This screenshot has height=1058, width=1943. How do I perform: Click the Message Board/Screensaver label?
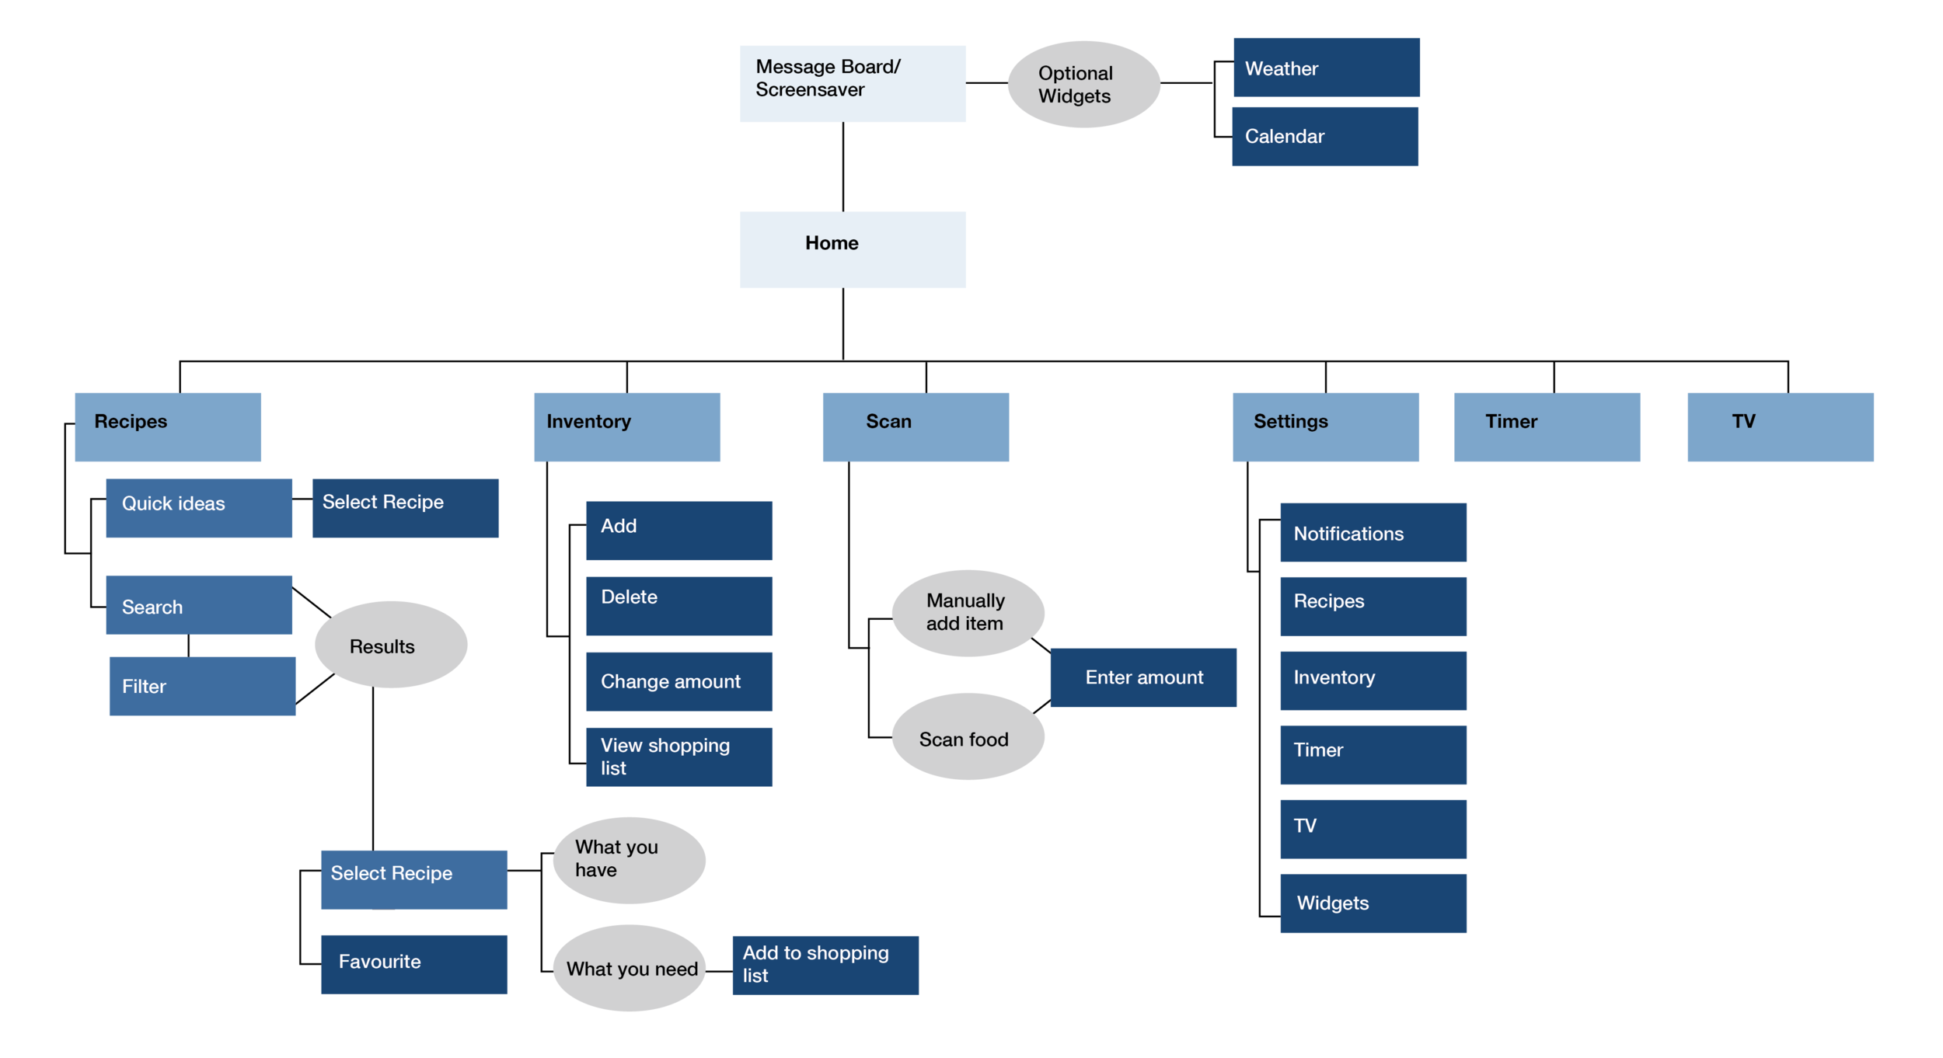click(x=827, y=78)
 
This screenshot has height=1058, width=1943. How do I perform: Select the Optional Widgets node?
click(x=1075, y=85)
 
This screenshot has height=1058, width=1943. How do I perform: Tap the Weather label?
click(x=1281, y=69)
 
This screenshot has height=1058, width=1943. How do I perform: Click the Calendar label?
click(x=1284, y=137)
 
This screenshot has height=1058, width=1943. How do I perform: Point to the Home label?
click(x=831, y=243)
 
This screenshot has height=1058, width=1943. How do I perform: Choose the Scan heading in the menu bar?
click(x=888, y=422)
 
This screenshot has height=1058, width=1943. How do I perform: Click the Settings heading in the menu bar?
click(x=1290, y=422)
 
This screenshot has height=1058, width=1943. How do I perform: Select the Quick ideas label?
click(x=173, y=504)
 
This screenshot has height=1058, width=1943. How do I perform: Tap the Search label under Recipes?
click(x=152, y=607)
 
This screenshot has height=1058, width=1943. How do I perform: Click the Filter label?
click(x=144, y=687)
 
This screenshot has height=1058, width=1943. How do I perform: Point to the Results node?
click(x=382, y=647)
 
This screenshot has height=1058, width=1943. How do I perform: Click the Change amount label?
click(x=670, y=682)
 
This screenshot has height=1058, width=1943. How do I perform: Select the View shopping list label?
click(x=665, y=757)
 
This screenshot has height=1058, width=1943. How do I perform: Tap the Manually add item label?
click(x=965, y=612)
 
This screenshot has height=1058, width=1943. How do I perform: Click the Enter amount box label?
click(x=1143, y=678)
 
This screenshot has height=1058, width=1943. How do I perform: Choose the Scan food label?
click(x=963, y=740)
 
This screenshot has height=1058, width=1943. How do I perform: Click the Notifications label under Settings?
click(x=1348, y=534)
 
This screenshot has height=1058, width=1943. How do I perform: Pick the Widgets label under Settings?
click(x=1332, y=903)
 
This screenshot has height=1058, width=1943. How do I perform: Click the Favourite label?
click(x=379, y=962)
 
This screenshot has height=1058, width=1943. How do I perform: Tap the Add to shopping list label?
click(x=815, y=964)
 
